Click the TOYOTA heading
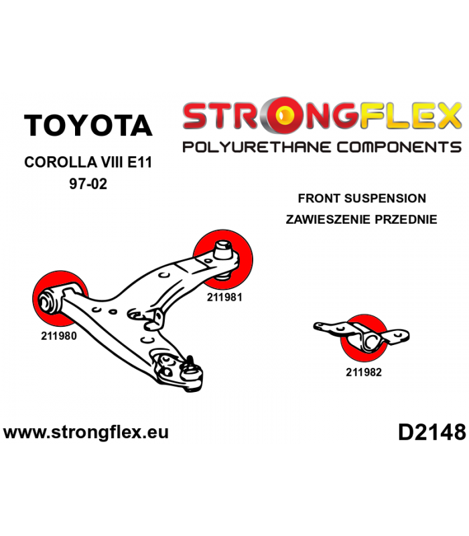88,125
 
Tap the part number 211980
59,336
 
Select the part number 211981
224,297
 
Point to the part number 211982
363,373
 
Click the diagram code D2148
431,432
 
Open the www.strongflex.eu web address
86,432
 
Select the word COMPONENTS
399,147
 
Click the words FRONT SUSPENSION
362,198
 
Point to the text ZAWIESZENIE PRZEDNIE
361,219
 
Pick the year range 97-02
88,184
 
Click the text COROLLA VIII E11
88,162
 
